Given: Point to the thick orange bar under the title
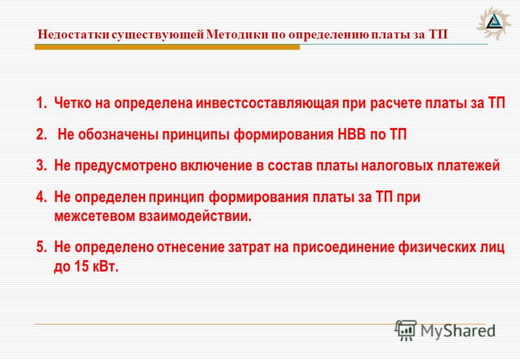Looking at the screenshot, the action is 167,47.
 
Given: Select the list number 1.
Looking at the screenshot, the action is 41,103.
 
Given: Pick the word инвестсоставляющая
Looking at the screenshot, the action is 266,103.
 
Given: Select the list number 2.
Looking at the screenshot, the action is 41,135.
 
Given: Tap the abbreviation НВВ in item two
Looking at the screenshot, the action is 352,135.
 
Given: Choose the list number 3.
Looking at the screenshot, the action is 41,166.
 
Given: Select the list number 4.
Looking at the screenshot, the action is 41,197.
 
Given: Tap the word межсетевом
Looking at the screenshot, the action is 94,216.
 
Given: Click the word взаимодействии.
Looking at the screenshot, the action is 195,216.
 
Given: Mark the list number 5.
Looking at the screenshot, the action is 41,248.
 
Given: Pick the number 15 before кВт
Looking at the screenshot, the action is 82,267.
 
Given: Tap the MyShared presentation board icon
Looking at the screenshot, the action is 405,330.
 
